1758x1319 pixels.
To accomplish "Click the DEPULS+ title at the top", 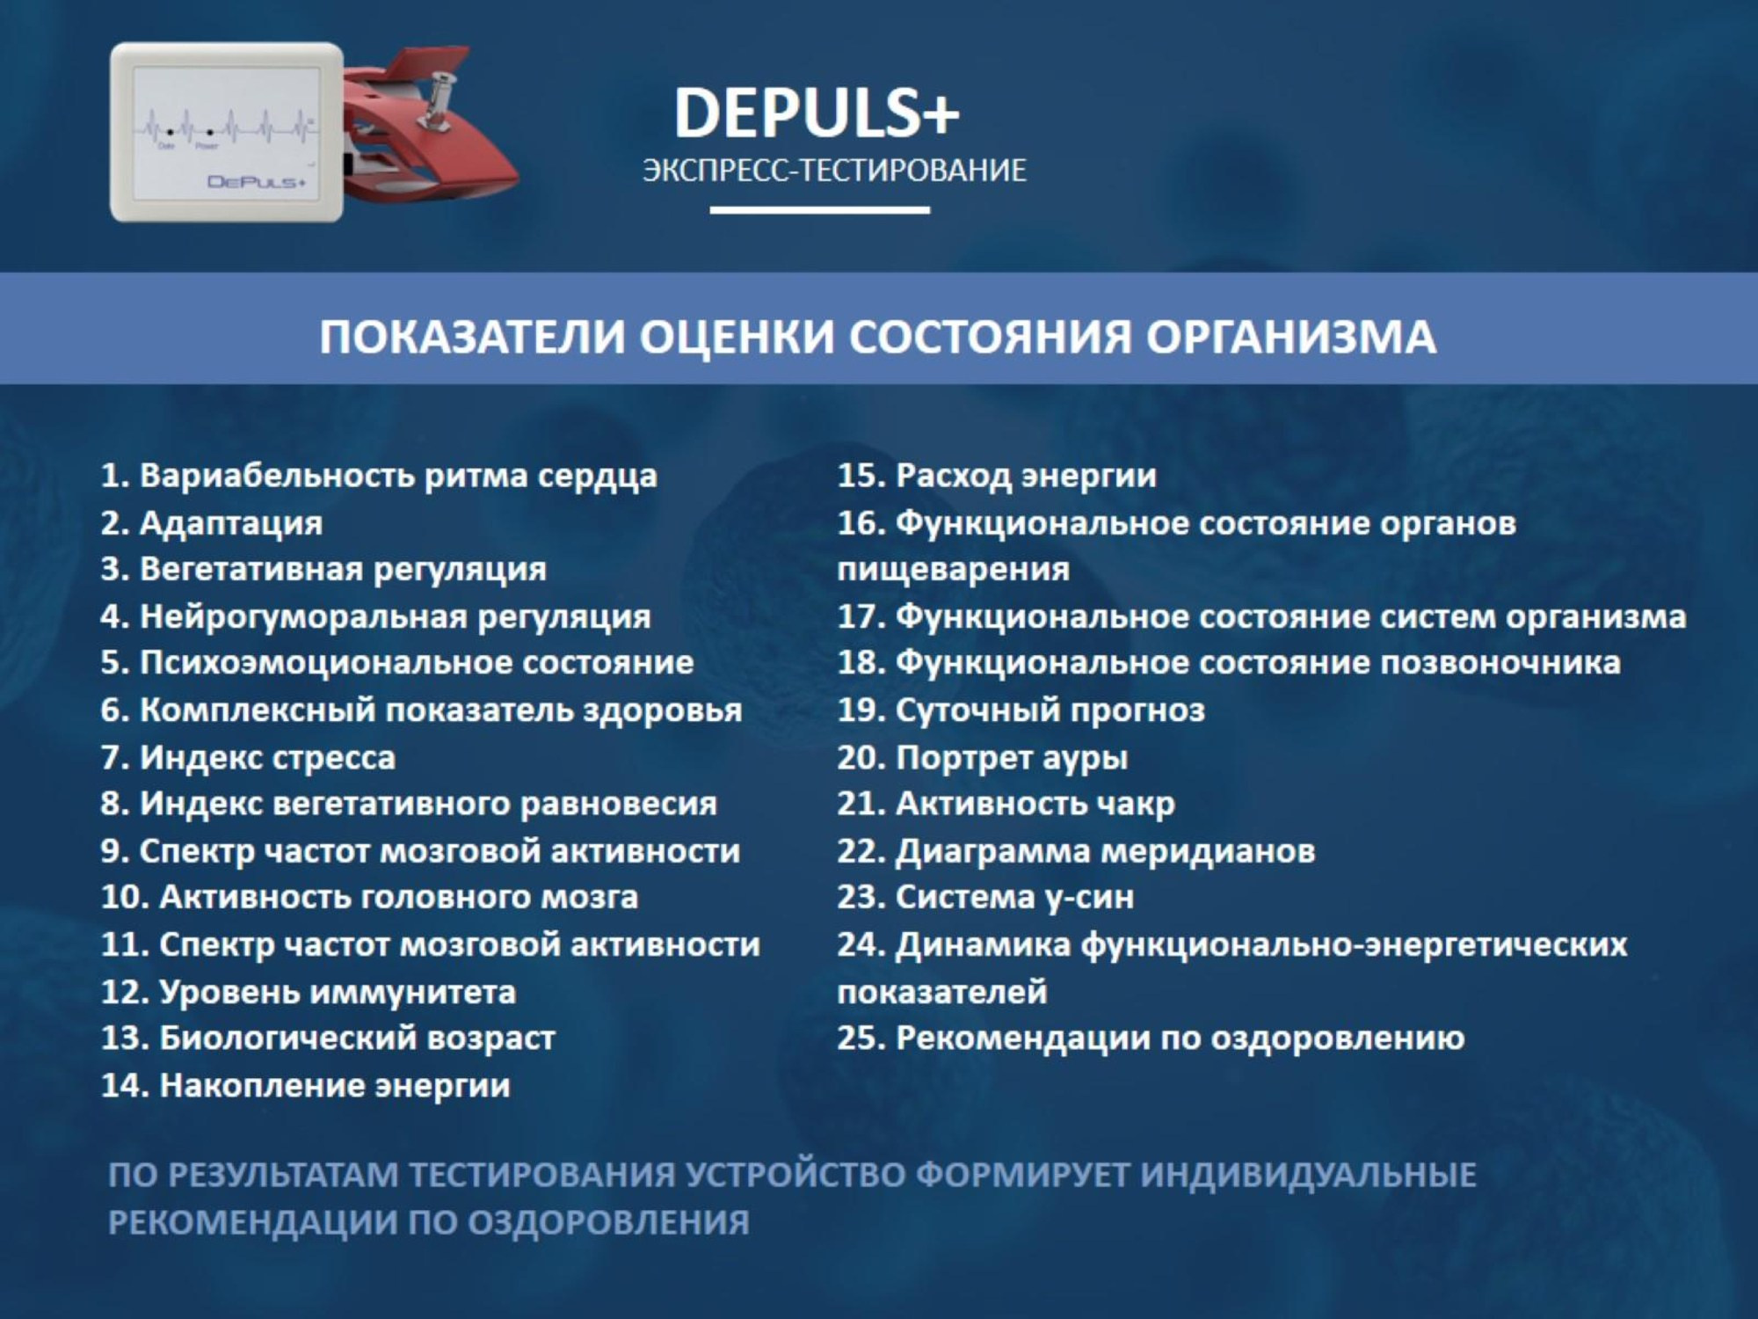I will pyautogui.click(x=816, y=113).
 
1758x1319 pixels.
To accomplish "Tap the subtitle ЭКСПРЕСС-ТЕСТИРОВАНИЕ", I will pyautogui.click(x=834, y=170).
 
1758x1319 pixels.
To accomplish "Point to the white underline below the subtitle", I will pyautogui.click(x=819, y=210).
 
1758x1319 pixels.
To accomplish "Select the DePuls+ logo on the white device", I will pyautogui.click(x=256, y=182).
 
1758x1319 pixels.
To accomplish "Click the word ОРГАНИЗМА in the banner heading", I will pyautogui.click(x=1291, y=337).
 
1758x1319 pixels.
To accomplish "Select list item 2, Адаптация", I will pyautogui.click(x=212, y=523).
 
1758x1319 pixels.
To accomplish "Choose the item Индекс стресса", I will pyautogui.click(x=249, y=757).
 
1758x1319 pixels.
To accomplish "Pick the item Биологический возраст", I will pyautogui.click(x=329, y=1038).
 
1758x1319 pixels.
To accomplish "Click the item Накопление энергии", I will pyautogui.click(x=306, y=1085).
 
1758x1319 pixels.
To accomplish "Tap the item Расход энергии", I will pyautogui.click(x=997, y=476).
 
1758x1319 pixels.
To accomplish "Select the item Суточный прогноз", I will pyautogui.click(x=1021, y=710).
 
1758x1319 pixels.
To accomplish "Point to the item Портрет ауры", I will pyautogui.click(x=982, y=757).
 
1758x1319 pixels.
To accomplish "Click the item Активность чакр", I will pyautogui.click(x=1006, y=804).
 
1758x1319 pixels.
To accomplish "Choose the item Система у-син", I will pyautogui.click(x=985, y=897).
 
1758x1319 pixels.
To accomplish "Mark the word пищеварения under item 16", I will pyautogui.click(x=953, y=570).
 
